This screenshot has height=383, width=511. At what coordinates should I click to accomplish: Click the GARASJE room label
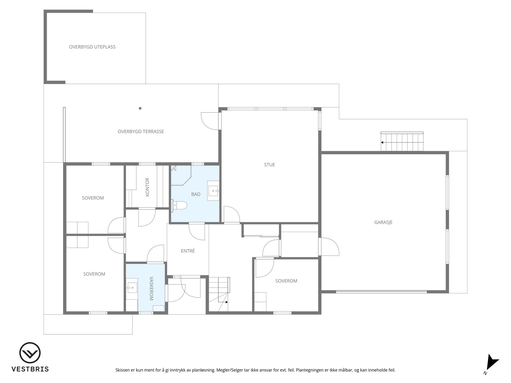pyautogui.click(x=383, y=222)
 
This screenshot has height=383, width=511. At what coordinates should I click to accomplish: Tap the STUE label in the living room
pyautogui.click(x=269, y=165)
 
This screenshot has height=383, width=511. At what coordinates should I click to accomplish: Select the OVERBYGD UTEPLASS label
pyautogui.click(x=92, y=47)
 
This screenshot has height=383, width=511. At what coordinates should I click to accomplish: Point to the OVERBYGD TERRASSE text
pyautogui.click(x=141, y=131)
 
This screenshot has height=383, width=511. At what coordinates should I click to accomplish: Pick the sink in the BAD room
pyautogui.click(x=213, y=190)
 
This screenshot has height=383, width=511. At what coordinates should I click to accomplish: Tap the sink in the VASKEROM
pyautogui.click(x=132, y=287)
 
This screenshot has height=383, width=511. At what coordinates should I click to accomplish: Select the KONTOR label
pyautogui.click(x=147, y=187)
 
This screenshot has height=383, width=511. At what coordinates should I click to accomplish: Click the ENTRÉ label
pyautogui.click(x=188, y=251)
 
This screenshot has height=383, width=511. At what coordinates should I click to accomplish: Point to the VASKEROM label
pyautogui.click(x=151, y=289)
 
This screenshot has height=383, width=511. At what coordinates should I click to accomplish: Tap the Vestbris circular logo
pyautogui.click(x=30, y=353)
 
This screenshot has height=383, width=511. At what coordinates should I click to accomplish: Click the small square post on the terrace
pyautogui.click(x=140, y=108)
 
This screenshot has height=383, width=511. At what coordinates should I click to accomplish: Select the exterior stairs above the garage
pyautogui.click(x=402, y=141)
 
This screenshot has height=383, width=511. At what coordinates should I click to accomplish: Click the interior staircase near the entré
pyautogui.click(x=219, y=294)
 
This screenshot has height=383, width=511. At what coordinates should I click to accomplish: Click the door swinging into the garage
pyautogui.click(x=329, y=247)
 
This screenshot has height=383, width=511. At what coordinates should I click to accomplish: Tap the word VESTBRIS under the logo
pyautogui.click(x=30, y=369)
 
